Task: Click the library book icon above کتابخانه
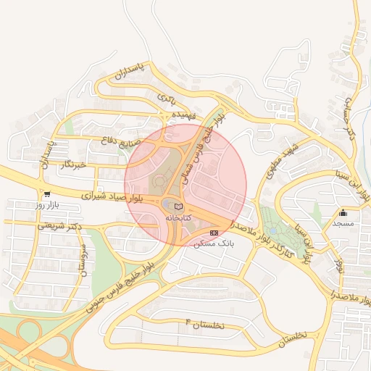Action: click(x=179, y=207)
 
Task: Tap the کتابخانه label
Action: click(x=179, y=217)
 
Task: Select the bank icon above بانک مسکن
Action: click(x=214, y=233)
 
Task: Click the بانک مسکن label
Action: click(x=213, y=243)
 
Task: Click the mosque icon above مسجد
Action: click(x=343, y=212)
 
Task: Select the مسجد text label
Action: click(x=343, y=223)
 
